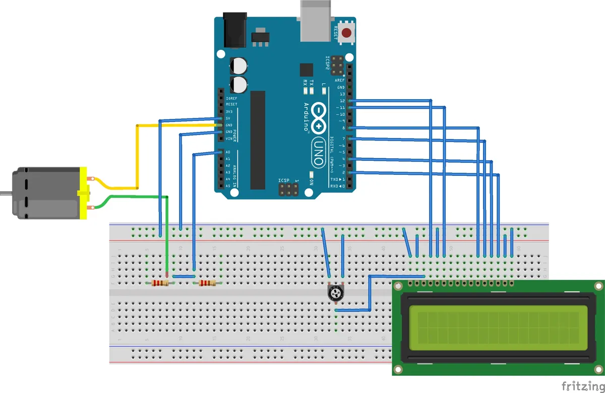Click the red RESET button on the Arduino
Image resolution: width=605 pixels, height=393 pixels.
346,34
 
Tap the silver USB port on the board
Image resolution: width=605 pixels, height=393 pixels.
316,20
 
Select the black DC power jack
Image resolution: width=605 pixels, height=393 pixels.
235,30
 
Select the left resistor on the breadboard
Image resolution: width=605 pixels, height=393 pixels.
160,284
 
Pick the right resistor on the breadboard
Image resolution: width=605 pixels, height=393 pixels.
207,284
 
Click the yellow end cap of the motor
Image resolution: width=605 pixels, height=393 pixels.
83,193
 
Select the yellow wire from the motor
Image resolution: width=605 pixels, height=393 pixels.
136,151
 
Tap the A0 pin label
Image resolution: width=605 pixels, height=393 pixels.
228,152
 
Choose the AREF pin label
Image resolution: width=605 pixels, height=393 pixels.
340,80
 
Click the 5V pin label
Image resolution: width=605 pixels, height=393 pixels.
228,118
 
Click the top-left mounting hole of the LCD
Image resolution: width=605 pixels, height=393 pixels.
398,286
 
